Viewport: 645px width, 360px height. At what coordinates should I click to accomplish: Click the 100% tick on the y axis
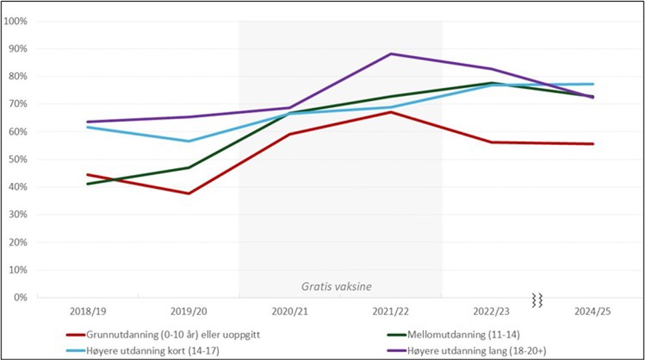point(15,21)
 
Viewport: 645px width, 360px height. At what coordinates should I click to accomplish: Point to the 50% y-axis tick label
point(17,160)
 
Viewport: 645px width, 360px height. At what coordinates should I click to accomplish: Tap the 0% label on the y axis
point(19,297)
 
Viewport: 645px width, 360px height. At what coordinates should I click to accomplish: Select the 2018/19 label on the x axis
point(87,311)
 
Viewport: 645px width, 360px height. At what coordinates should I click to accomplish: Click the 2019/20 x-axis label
point(188,311)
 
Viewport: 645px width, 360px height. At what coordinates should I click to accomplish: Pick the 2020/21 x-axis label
point(290,311)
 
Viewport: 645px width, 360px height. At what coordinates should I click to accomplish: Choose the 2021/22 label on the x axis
point(391,311)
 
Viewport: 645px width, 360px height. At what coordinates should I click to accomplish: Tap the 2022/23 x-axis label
point(492,311)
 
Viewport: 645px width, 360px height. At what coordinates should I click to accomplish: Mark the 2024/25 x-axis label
point(592,311)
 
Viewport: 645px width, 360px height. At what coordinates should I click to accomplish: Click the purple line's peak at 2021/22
point(391,54)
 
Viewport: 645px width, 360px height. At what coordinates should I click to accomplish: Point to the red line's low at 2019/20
point(188,194)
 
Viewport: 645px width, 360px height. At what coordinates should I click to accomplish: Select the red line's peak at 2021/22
point(391,112)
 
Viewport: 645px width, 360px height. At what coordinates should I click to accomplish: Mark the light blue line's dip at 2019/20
point(188,141)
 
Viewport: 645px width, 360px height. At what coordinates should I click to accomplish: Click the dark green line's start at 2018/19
point(87,184)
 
